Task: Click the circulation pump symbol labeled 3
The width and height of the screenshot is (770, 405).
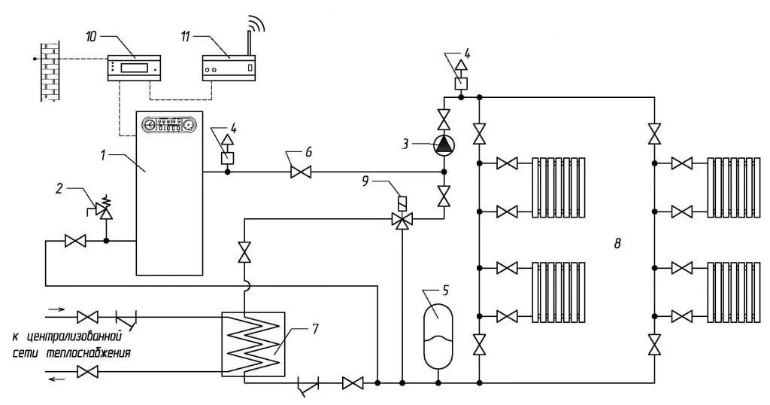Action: point(444,145)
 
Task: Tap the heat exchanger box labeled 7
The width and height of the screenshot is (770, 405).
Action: point(253,344)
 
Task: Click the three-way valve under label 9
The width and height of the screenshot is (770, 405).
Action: point(402,219)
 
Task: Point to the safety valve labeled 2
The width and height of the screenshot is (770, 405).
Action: point(103,209)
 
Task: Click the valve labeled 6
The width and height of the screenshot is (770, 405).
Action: point(301,172)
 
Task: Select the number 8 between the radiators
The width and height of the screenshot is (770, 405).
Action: point(617,243)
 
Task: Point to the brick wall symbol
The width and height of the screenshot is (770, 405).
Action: point(49,70)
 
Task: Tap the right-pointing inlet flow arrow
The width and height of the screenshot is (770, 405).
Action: point(56,309)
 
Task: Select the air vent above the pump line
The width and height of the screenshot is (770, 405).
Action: point(461,76)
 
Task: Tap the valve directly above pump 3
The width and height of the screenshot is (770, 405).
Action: point(444,120)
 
